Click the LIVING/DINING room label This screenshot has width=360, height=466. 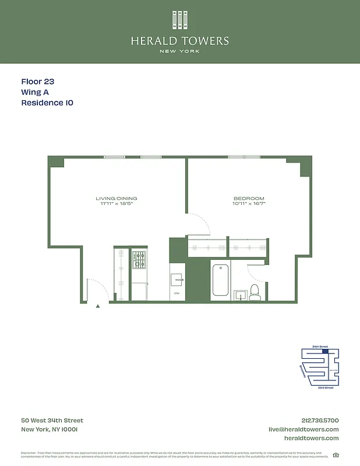tap(117, 199)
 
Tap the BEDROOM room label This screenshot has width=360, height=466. tap(249, 199)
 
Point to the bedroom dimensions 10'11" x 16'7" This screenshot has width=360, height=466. tap(249, 204)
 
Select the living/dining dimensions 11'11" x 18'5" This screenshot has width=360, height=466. tap(117, 204)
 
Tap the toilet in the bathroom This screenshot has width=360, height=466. tap(255, 291)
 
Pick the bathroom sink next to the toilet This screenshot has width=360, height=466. tap(240, 295)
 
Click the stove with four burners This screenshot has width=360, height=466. tap(139, 260)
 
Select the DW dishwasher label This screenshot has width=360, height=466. tap(177, 293)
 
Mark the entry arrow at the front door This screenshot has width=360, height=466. tap(98, 304)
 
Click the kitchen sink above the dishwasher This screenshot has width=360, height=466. tap(178, 280)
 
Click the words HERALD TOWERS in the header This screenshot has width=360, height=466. tap(179, 41)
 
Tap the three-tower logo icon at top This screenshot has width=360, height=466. tap(179, 20)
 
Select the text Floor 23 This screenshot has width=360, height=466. tap(37, 82)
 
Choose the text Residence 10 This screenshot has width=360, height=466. tap(47, 103)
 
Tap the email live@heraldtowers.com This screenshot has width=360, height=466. tap(303, 429)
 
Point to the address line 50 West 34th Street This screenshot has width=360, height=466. tap(52, 421)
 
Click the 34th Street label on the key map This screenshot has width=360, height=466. tap(320, 347)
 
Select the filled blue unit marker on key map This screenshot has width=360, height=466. tap(325, 351)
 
